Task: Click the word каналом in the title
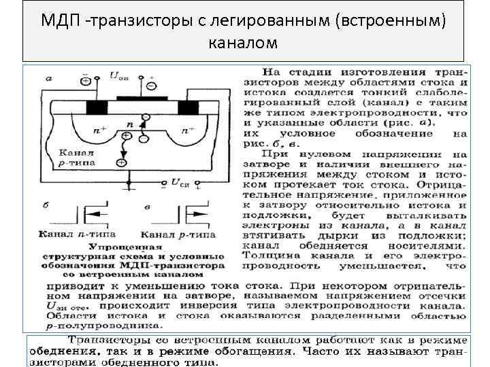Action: pos(244,43)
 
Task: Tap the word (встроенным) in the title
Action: pos(390,20)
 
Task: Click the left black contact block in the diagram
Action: pos(97,107)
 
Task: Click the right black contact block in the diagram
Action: pos(186,107)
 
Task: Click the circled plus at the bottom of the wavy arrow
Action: pos(121,162)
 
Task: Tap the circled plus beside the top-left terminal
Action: pos(86,81)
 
